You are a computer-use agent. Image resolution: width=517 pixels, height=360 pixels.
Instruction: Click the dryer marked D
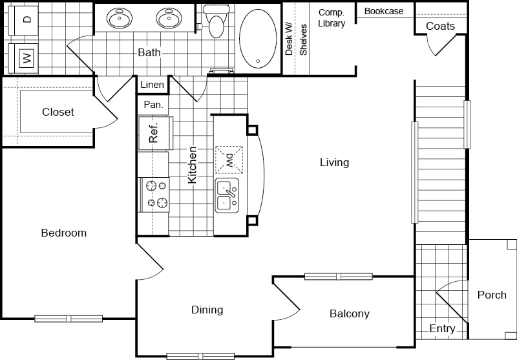coord(23,20)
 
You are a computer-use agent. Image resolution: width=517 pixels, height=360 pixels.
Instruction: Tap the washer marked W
coord(23,58)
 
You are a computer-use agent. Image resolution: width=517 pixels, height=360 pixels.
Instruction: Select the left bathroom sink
coord(120,18)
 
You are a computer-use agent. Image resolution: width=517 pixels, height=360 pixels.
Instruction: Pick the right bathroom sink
coord(169,18)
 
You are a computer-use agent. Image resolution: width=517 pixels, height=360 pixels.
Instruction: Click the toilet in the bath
coord(216,21)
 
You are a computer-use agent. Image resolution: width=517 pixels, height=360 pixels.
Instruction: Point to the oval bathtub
coord(258,39)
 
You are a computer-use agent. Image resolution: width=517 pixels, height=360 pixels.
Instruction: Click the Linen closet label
coord(152,85)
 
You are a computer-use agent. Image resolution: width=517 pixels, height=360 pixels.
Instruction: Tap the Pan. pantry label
coord(153,105)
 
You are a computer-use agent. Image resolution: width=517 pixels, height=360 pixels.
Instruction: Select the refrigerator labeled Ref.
coord(155,133)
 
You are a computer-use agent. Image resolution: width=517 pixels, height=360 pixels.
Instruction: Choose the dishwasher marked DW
coord(229,160)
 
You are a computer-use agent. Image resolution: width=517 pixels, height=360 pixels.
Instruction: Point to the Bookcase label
coord(384,11)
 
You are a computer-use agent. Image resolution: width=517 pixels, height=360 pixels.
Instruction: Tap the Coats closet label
coord(440,26)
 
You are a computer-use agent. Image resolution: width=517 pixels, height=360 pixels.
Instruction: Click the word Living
coord(334,162)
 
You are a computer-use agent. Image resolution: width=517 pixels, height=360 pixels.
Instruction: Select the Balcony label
coord(350,314)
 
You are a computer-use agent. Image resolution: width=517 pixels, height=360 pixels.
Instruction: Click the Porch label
coord(492,295)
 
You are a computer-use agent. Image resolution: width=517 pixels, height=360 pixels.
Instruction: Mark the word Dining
coord(207,310)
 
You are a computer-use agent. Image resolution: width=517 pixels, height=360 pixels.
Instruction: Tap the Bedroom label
coord(63,233)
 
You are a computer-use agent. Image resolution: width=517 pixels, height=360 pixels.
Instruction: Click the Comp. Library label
coord(332,18)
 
